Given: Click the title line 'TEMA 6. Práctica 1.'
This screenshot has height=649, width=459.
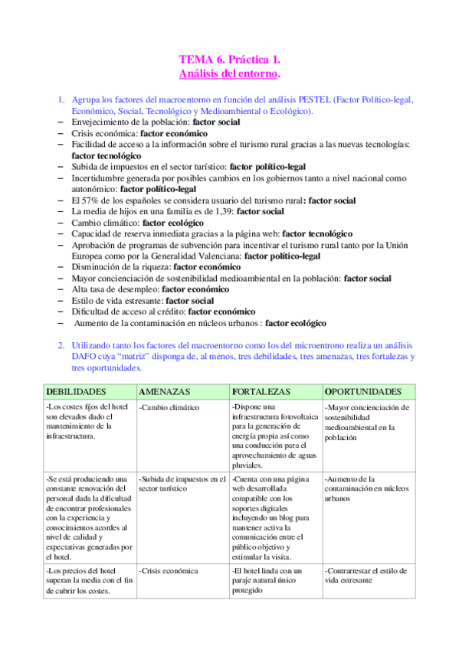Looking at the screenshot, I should tap(229, 59).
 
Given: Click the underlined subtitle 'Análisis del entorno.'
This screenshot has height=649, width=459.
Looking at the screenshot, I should tap(229, 73).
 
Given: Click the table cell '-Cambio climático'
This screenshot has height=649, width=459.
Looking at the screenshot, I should tap(169, 408).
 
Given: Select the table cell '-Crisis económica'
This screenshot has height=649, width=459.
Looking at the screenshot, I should tap(169, 570).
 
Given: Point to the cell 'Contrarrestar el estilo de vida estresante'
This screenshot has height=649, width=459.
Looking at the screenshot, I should tap(366, 575).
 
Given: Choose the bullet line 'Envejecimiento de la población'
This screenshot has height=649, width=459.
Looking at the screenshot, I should tap(152, 122).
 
